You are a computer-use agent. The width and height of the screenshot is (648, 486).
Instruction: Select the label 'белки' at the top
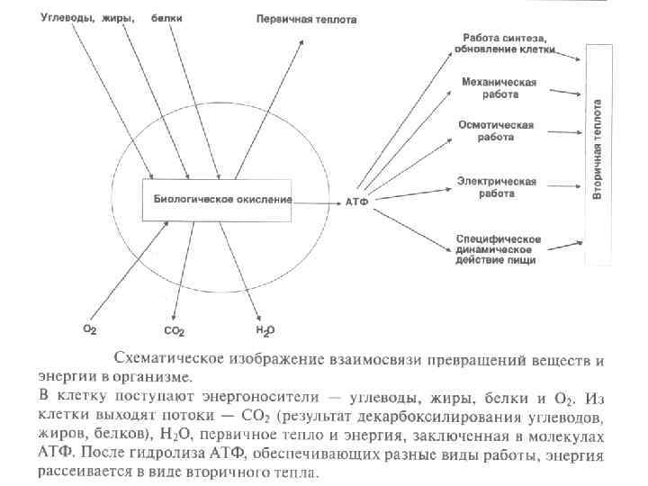[165, 17]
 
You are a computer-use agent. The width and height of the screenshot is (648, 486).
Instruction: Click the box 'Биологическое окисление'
[219, 199]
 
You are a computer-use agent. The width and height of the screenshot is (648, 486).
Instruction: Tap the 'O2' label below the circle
[90, 330]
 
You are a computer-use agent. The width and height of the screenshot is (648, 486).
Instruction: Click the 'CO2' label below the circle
[175, 331]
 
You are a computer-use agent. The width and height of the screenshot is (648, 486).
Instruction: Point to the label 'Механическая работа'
[499, 87]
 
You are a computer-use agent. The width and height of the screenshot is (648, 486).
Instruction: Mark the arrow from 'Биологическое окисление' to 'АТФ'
[317, 201]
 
